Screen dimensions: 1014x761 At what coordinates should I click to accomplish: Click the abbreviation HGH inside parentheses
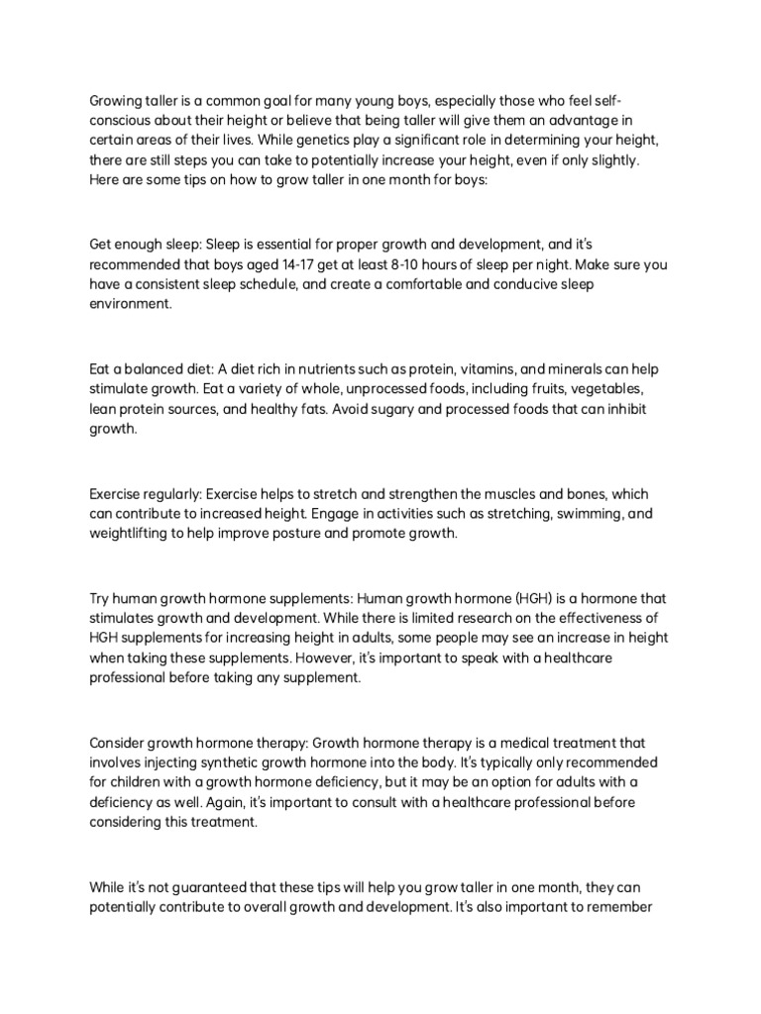(541, 597)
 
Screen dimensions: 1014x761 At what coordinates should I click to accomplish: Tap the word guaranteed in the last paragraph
(223, 887)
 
